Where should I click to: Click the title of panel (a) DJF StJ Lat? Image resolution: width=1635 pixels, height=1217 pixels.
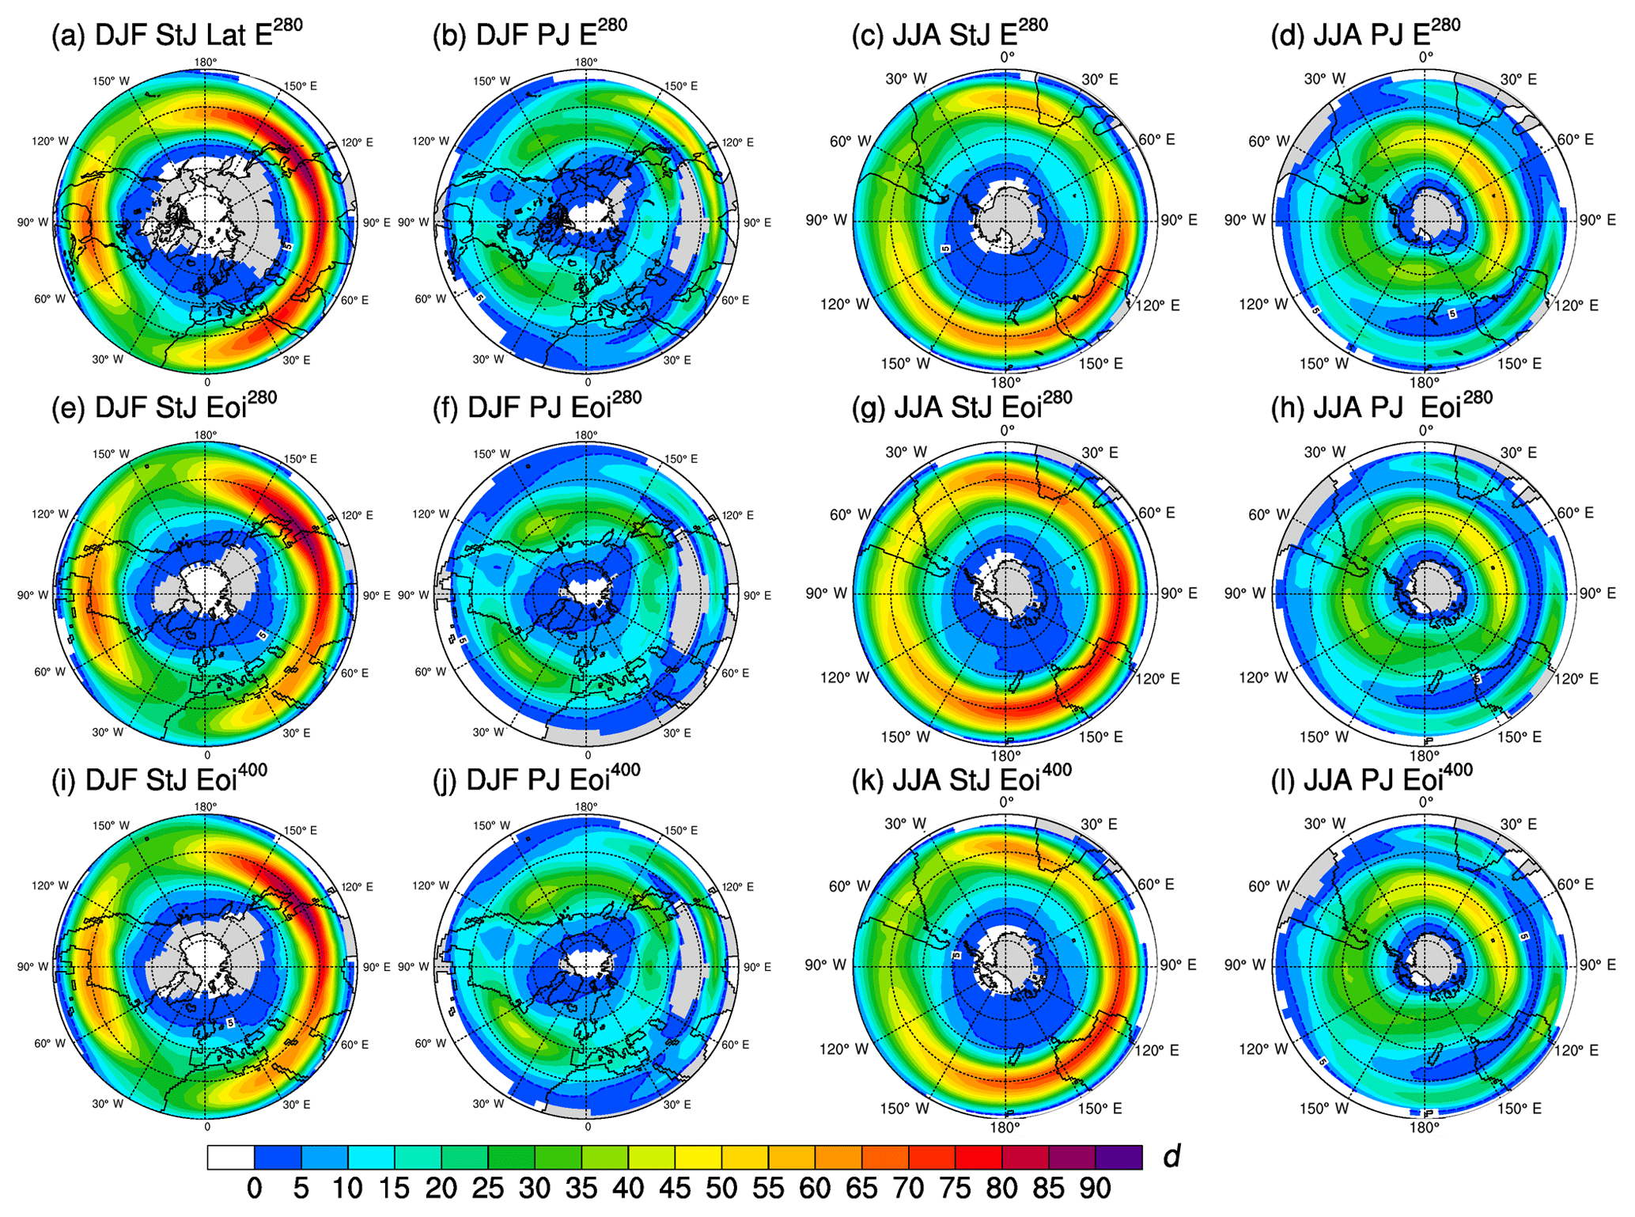(176, 35)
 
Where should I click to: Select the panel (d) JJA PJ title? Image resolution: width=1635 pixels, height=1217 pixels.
(1365, 35)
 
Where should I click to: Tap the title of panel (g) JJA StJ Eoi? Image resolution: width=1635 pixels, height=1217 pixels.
(961, 407)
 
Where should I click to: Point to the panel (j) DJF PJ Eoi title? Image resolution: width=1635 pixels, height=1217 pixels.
(537, 779)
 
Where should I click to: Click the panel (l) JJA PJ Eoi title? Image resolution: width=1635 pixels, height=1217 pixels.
(1372, 779)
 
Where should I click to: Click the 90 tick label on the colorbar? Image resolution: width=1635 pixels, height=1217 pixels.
(1096, 1189)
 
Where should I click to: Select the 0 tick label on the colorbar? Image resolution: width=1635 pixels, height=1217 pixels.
(254, 1189)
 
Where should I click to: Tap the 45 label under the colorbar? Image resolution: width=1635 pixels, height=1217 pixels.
(675, 1189)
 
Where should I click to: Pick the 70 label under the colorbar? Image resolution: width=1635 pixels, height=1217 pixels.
(908, 1189)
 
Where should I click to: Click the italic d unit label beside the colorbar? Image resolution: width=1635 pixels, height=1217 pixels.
(1171, 1156)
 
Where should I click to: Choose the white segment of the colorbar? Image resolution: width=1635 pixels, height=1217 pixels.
(230, 1157)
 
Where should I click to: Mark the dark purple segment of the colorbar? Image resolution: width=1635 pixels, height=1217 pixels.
(1118, 1157)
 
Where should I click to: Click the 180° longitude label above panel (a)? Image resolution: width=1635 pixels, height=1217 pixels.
(206, 63)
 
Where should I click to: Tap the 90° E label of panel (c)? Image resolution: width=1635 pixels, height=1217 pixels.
(1179, 220)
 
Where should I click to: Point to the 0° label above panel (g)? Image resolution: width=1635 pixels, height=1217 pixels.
(1007, 430)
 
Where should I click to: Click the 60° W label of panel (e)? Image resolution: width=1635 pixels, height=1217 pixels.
(49, 672)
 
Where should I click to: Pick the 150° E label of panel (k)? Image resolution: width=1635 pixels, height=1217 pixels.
(1100, 1109)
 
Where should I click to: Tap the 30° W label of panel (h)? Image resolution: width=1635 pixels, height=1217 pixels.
(1325, 452)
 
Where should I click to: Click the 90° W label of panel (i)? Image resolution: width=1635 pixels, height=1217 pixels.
(32, 966)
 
